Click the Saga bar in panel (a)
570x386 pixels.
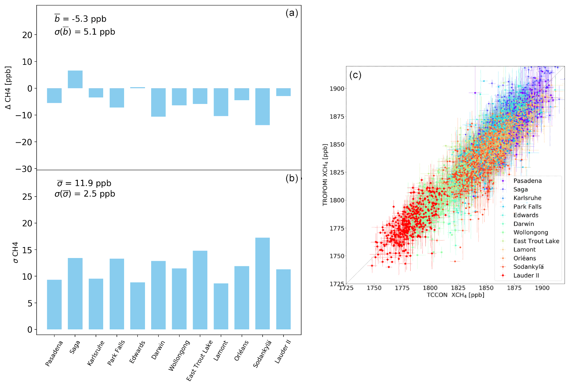pos(75,79)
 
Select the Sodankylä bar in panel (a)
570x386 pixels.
pos(263,106)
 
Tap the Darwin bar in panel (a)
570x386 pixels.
pos(158,102)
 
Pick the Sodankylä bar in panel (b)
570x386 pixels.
pos(263,283)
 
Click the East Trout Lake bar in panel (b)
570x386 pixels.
pos(200,290)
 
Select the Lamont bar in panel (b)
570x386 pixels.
pos(221,306)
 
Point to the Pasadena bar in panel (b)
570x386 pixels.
pos(54,304)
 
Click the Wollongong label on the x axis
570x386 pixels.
pos(179,355)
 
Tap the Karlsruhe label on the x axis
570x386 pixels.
pos(96,353)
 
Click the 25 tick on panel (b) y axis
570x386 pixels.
pos(27,197)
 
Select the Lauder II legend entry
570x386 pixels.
pos(526,275)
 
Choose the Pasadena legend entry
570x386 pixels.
pos(527,181)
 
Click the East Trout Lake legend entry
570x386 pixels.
pos(536,241)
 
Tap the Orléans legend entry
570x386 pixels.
pos(524,258)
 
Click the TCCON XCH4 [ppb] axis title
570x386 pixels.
pos(455,295)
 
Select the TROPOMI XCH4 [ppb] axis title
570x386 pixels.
pos(325,175)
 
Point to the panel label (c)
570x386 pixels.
pos(355,75)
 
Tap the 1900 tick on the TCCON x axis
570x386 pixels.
pos(542,288)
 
